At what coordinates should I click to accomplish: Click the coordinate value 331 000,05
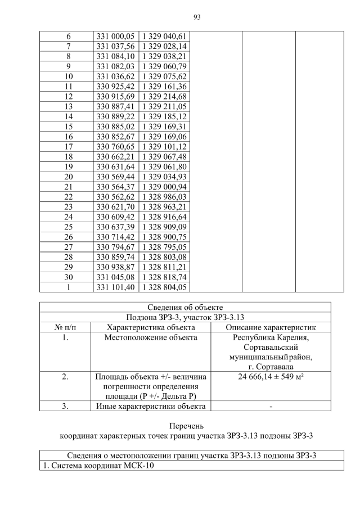[x=115, y=36]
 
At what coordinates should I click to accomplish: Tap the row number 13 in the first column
[x=69, y=106]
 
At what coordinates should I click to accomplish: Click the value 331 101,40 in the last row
[x=115, y=287]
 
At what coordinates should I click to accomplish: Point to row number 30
[x=69, y=277]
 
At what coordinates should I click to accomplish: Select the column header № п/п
[x=65, y=327]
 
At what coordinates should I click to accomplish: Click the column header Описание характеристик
[x=271, y=327]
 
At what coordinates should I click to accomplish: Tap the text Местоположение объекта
[x=151, y=337]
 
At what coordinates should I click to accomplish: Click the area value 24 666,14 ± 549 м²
[x=271, y=376]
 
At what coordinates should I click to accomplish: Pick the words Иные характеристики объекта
[x=151, y=406]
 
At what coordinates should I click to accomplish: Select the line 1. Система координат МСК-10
[x=98, y=466]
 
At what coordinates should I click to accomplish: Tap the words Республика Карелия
[x=271, y=337]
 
